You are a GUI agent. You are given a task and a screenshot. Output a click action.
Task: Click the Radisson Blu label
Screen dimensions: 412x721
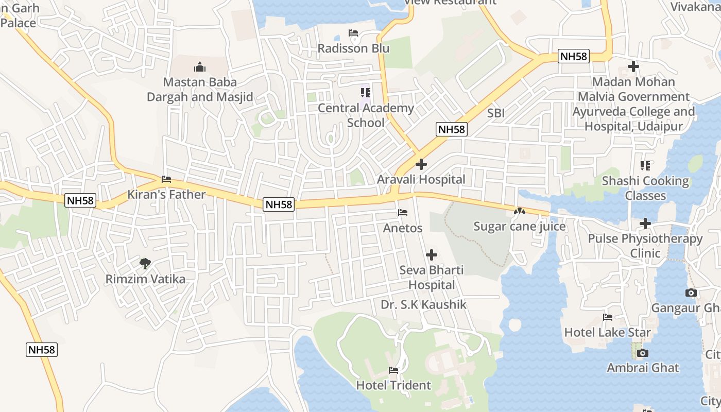coord(353,48)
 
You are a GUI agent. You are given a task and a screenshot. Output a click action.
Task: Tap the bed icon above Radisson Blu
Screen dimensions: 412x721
coord(353,33)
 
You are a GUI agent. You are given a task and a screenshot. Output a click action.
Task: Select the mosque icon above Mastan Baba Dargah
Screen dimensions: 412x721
coord(200,67)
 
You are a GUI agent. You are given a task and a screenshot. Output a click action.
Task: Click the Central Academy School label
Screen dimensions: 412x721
coord(366,115)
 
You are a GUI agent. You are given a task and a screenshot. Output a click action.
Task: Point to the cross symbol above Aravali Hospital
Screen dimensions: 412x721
coord(421,165)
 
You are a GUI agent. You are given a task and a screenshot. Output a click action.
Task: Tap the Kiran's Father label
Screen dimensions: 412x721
coord(166,195)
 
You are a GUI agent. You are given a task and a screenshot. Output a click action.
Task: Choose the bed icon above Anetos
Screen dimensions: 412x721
coord(403,213)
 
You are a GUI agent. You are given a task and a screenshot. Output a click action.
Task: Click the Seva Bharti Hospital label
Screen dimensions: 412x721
coord(432,278)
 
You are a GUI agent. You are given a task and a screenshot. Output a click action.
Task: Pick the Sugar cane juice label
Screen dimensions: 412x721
coord(519,227)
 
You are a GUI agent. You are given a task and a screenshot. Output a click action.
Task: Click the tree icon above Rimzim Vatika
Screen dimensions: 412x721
coord(145,264)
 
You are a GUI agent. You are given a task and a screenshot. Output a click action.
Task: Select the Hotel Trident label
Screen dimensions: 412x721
coord(393,385)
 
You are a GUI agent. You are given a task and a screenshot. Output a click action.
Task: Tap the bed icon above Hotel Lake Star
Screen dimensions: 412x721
coord(608,317)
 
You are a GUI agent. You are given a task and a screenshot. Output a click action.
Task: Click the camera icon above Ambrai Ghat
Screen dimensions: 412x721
coord(642,353)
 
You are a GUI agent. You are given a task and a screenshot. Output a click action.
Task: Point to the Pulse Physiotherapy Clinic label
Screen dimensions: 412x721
coord(645,246)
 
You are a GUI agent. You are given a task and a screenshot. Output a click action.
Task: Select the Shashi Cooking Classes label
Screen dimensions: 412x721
coord(645,188)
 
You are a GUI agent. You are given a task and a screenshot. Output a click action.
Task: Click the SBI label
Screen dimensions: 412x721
coord(496,113)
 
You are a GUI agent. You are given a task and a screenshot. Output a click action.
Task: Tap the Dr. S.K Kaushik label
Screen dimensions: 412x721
coord(423,305)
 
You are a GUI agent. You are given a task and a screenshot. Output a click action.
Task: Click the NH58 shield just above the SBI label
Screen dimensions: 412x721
coord(452,129)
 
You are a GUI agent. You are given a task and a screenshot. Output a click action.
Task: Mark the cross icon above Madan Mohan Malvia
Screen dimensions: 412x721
coord(633,66)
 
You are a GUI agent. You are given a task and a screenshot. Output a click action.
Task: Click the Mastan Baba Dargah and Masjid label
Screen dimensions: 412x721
coord(200,90)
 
